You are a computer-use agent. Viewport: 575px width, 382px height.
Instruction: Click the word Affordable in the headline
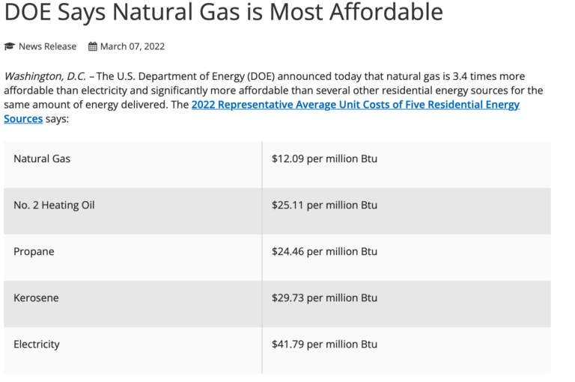388,12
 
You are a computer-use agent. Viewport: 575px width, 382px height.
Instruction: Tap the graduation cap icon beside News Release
9,46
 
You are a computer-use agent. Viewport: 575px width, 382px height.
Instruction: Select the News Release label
47,46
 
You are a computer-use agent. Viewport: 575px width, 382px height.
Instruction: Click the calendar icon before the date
93,46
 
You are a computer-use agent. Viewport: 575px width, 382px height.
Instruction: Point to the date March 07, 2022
133,46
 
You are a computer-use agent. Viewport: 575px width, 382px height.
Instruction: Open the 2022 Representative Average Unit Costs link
355,105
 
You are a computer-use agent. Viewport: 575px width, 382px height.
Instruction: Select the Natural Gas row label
42,159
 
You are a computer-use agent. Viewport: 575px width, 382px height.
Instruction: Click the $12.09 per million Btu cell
324,159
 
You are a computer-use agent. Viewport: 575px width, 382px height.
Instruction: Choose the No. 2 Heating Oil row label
54,206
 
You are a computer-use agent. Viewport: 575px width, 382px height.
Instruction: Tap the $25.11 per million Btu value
324,206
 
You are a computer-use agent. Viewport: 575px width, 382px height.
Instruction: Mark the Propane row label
34,252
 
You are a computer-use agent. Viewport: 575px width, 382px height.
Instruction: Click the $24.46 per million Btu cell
324,252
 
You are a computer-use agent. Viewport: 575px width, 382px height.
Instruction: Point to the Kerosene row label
36,298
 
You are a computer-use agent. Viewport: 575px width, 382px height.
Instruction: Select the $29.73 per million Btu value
324,298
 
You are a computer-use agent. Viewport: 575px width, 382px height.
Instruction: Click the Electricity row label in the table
37,345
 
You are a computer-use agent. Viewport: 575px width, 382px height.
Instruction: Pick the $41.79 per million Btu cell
324,345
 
